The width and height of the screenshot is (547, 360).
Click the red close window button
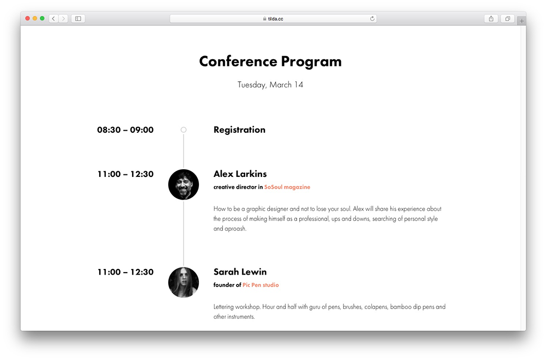(x=28, y=19)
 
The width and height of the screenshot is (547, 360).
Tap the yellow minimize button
(x=35, y=19)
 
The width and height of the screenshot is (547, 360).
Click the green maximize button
(x=42, y=19)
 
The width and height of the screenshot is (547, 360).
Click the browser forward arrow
(x=63, y=19)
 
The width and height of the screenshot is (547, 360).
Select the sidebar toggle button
(x=78, y=19)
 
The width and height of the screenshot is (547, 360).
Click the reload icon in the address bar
(x=372, y=19)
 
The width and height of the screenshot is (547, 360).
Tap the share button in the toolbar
(x=491, y=19)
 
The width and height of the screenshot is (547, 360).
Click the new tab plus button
(x=521, y=21)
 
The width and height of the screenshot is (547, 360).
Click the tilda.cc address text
(x=276, y=19)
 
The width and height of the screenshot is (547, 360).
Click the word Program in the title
(x=311, y=62)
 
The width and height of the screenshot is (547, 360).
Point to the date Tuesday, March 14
(x=270, y=85)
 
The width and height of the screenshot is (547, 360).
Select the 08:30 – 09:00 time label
(x=125, y=130)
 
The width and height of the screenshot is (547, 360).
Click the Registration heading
(x=240, y=130)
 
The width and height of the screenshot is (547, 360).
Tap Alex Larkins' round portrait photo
(x=184, y=185)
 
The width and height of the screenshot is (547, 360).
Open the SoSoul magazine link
(x=287, y=187)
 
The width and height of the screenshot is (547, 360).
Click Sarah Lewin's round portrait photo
(x=184, y=282)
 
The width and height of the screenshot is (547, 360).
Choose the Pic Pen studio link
(x=261, y=285)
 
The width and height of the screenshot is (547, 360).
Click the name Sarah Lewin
(x=240, y=272)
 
